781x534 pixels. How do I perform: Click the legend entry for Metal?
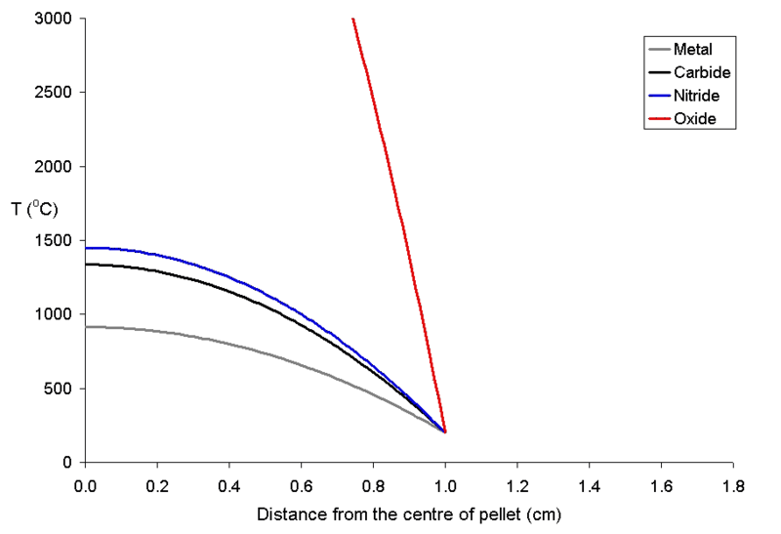coord(693,50)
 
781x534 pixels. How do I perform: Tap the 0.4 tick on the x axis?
coord(229,483)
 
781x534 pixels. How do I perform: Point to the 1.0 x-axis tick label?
coord(445,483)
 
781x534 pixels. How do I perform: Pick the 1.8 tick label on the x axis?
coord(733,483)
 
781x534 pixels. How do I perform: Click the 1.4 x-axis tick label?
coord(590,483)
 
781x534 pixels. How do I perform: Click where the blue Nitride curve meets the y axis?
coord(87,248)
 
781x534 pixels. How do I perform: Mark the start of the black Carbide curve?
coord(87,265)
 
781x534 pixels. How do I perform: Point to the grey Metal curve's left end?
coord(87,327)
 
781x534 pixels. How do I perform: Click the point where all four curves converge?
coord(445,431)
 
